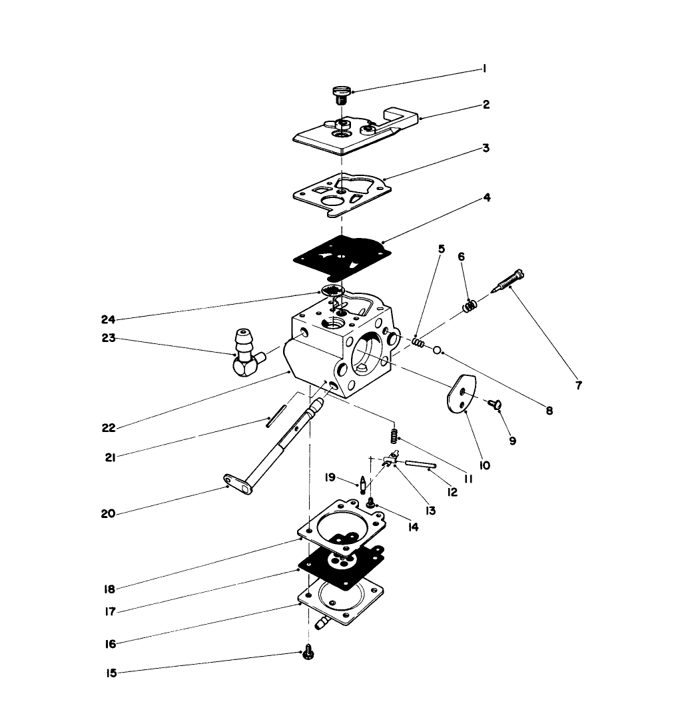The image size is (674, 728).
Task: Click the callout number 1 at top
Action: (x=486, y=69)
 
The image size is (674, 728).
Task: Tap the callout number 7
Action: (x=578, y=385)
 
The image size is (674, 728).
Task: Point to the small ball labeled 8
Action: (x=436, y=349)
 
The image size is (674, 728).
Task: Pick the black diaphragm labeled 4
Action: (x=340, y=256)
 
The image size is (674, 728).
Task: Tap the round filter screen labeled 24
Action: (x=330, y=290)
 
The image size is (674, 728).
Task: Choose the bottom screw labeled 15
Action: (x=308, y=653)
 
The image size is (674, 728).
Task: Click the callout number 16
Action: (x=111, y=644)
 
